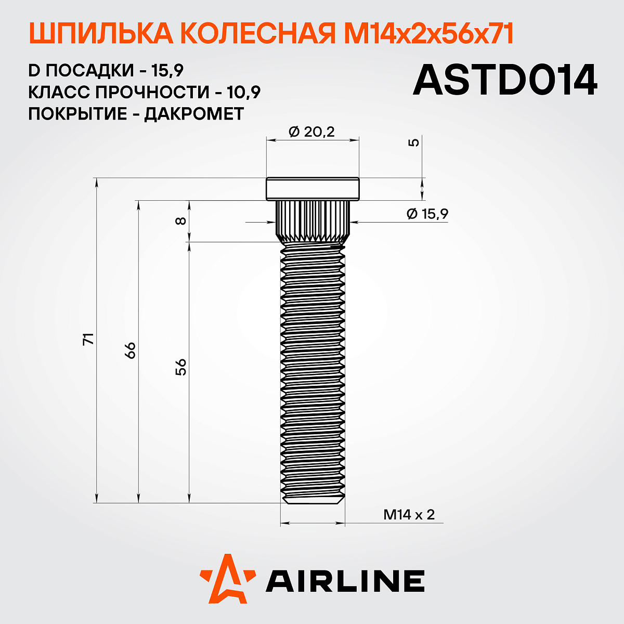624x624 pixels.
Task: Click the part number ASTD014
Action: [504, 81]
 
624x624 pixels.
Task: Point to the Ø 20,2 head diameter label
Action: [311, 132]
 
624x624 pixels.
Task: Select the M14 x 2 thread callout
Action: [409, 515]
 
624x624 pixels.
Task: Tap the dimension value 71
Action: [89, 339]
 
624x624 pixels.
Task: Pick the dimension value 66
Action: [130, 349]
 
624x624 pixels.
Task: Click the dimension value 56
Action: [180, 367]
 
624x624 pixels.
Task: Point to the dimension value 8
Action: [180, 220]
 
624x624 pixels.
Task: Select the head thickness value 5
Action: [414, 142]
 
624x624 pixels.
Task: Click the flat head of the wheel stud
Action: [313, 189]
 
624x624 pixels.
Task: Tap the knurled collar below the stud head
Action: [313, 221]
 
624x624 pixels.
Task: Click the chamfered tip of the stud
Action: [313, 500]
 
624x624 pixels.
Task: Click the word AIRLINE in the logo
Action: [345, 581]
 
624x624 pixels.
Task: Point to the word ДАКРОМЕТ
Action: [193, 113]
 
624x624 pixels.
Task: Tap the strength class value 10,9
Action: [244, 92]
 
